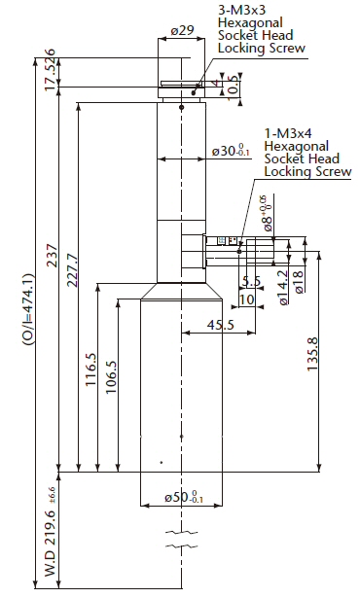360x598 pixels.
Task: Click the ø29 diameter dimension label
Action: pos(182,30)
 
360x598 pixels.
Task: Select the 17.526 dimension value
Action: pos(51,70)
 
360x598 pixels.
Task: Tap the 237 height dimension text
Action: pos(52,256)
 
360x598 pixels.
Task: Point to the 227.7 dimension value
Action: pos(73,269)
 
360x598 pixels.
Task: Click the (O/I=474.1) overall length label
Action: pos(28,309)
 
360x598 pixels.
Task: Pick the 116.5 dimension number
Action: pos(90,369)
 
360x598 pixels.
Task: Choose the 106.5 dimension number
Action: pos(111,377)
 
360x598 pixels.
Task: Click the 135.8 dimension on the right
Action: pos(312,354)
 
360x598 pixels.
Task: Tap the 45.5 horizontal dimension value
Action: pos(221,325)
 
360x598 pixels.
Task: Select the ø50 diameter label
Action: pos(184,497)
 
